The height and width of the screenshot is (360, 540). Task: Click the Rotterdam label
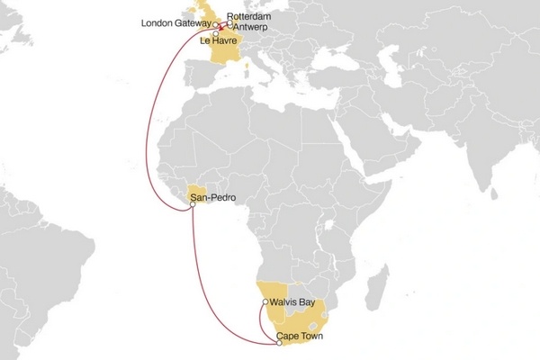249,16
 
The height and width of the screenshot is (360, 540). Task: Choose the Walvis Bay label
290,302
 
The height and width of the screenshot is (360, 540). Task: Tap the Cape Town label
299,336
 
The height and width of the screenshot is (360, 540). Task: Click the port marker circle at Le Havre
216,34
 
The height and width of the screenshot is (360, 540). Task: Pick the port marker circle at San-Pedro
193,206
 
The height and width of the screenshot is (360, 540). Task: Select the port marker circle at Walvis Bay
265,302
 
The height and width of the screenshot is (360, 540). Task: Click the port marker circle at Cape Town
275,341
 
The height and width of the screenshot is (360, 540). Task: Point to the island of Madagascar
365,288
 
